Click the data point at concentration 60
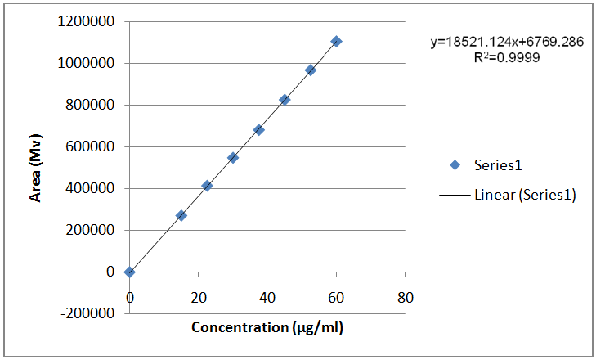(336, 41)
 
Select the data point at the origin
(129, 272)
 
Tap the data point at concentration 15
(181, 215)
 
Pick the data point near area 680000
(258, 129)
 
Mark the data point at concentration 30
(233, 157)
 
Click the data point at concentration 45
(285, 99)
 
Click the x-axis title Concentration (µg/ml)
(267, 328)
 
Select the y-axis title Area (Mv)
(36, 167)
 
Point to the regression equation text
(507, 43)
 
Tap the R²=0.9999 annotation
(507, 58)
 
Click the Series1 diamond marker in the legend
(455, 164)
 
